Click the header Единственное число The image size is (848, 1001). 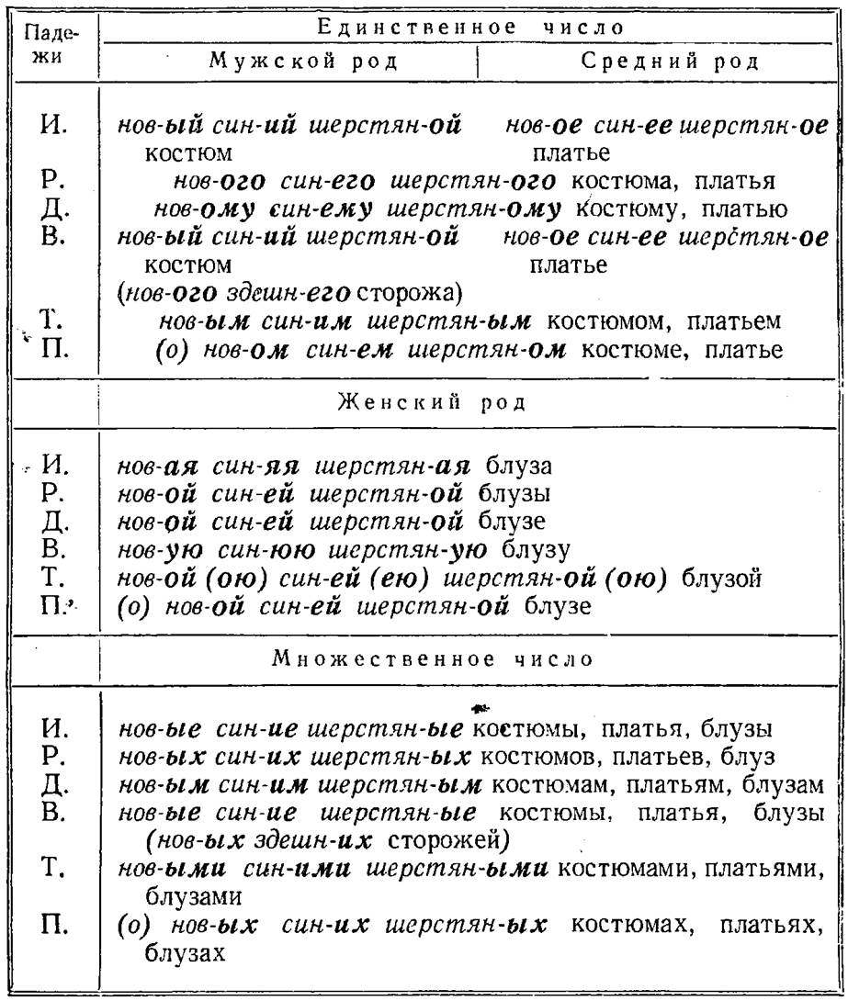click(470, 27)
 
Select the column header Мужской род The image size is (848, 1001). click(288, 63)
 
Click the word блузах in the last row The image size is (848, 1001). click(184, 953)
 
